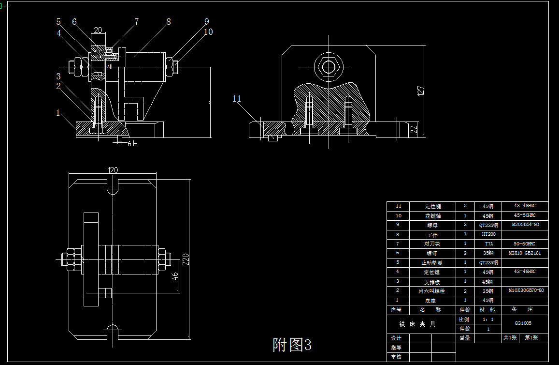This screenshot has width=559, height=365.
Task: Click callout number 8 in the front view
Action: click(168, 22)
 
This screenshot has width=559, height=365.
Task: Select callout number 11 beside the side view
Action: click(237, 99)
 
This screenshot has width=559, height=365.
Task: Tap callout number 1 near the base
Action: click(58, 113)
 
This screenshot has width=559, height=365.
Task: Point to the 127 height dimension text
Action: click(420, 91)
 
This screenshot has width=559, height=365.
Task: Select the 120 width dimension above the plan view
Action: click(113, 170)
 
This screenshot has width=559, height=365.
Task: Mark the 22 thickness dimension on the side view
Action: click(414, 129)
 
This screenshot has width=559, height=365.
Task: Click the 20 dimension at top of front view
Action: click(98, 30)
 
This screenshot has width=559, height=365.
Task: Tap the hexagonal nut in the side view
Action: click(329, 66)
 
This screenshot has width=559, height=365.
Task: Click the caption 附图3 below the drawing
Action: click(292, 345)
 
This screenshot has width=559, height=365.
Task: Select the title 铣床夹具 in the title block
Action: click(417, 324)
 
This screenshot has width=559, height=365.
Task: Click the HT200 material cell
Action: click(488, 234)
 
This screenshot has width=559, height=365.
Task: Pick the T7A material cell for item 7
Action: click(488, 244)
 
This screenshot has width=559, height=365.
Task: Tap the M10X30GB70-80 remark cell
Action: click(526, 290)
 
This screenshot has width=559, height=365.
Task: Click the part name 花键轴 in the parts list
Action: click(433, 216)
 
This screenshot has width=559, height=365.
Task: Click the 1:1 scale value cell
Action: click(488, 319)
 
